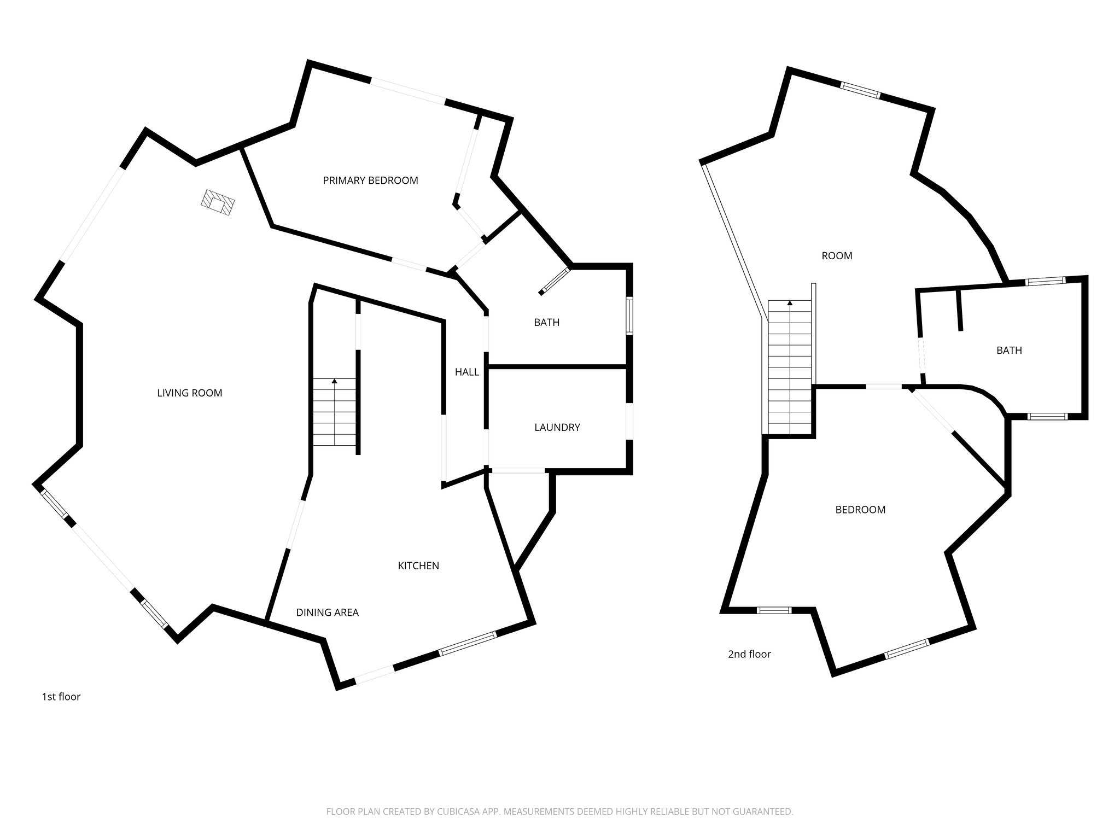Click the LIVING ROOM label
[190, 393]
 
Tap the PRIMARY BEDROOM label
[370, 180]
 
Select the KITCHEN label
[418, 565]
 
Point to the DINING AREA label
[328, 612]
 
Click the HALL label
[467, 372]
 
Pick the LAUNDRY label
[557, 427]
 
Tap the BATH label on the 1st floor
[547, 322]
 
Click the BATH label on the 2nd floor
[1009, 350]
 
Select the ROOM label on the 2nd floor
[837, 255]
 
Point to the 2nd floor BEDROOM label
[860, 510]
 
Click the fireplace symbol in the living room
[218, 202]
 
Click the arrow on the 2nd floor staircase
[790, 306]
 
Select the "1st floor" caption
[61, 697]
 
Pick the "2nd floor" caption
[749, 654]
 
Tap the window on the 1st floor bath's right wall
[629, 316]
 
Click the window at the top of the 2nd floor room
[860, 90]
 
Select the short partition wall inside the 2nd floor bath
[959, 310]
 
